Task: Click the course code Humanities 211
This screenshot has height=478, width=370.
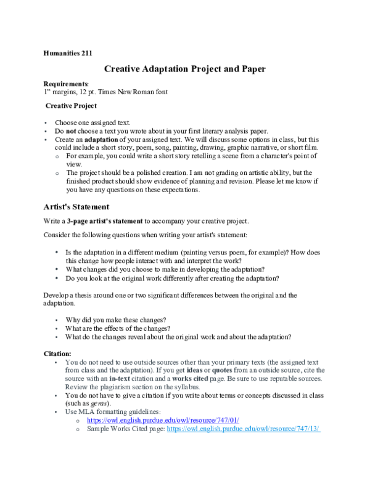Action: (68, 54)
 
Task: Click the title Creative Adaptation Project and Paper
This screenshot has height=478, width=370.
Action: (185, 69)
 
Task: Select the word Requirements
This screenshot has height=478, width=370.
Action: (66, 84)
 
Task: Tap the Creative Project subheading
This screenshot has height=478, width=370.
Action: (71, 106)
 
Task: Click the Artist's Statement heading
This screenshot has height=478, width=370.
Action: (76, 207)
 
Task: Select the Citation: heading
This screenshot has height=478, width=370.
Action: (57, 354)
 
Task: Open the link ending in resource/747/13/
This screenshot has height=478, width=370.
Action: (243, 429)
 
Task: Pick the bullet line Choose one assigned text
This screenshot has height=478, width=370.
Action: (92, 123)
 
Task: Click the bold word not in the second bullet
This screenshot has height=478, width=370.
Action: (72, 131)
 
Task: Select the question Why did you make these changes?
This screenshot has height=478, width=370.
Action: (115, 320)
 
